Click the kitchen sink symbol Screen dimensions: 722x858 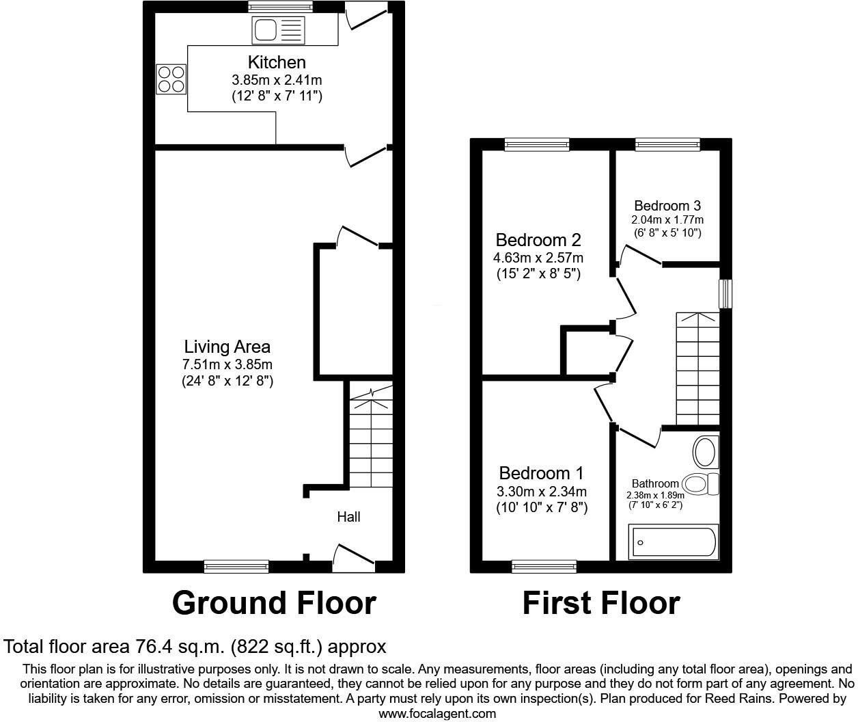[278, 29]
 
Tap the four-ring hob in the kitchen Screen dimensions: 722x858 [171, 78]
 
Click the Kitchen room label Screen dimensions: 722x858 [277, 62]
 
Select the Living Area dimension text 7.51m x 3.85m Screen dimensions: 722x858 [227, 364]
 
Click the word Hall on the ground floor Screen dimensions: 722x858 [348, 517]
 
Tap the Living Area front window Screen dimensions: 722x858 [236, 566]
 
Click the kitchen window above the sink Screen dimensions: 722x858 [280, 7]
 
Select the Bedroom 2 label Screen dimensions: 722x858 [538, 240]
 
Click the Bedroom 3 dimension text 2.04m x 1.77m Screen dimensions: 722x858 [667, 220]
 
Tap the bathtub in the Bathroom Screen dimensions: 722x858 [673, 541]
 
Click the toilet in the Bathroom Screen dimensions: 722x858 [700, 484]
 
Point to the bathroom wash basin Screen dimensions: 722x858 [705, 452]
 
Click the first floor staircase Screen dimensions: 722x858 [697, 369]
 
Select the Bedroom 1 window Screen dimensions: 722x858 [544, 566]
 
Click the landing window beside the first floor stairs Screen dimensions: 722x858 [725, 293]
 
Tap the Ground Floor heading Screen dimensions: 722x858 [274, 603]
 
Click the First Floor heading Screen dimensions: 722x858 [601, 603]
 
